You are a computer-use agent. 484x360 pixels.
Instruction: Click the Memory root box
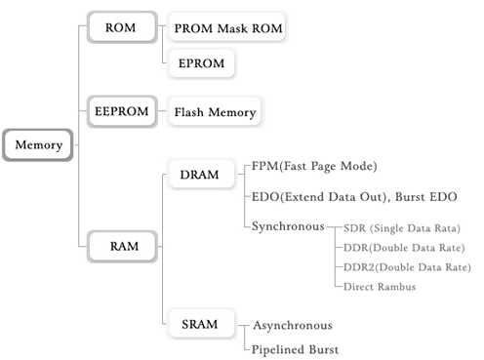coord(38,145)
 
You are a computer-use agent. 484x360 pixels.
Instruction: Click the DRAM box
coord(199,173)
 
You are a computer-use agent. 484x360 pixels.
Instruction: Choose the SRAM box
coord(199,323)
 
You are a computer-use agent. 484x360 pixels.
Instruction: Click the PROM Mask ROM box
coord(227,29)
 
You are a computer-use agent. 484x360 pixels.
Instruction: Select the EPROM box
coord(201,63)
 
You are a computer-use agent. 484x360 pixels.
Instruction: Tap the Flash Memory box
coord(215,112)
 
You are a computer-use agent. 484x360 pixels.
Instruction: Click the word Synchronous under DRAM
coord(287,226)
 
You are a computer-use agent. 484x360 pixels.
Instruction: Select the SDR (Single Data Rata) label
coord(401,228)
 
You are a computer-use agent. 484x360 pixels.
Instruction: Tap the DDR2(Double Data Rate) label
coord(406,267)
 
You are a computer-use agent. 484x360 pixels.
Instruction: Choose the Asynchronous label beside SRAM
coord(293,325)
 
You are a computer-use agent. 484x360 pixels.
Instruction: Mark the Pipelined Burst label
coord(296,348)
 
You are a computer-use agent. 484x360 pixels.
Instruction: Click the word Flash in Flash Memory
coord(191,112)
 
